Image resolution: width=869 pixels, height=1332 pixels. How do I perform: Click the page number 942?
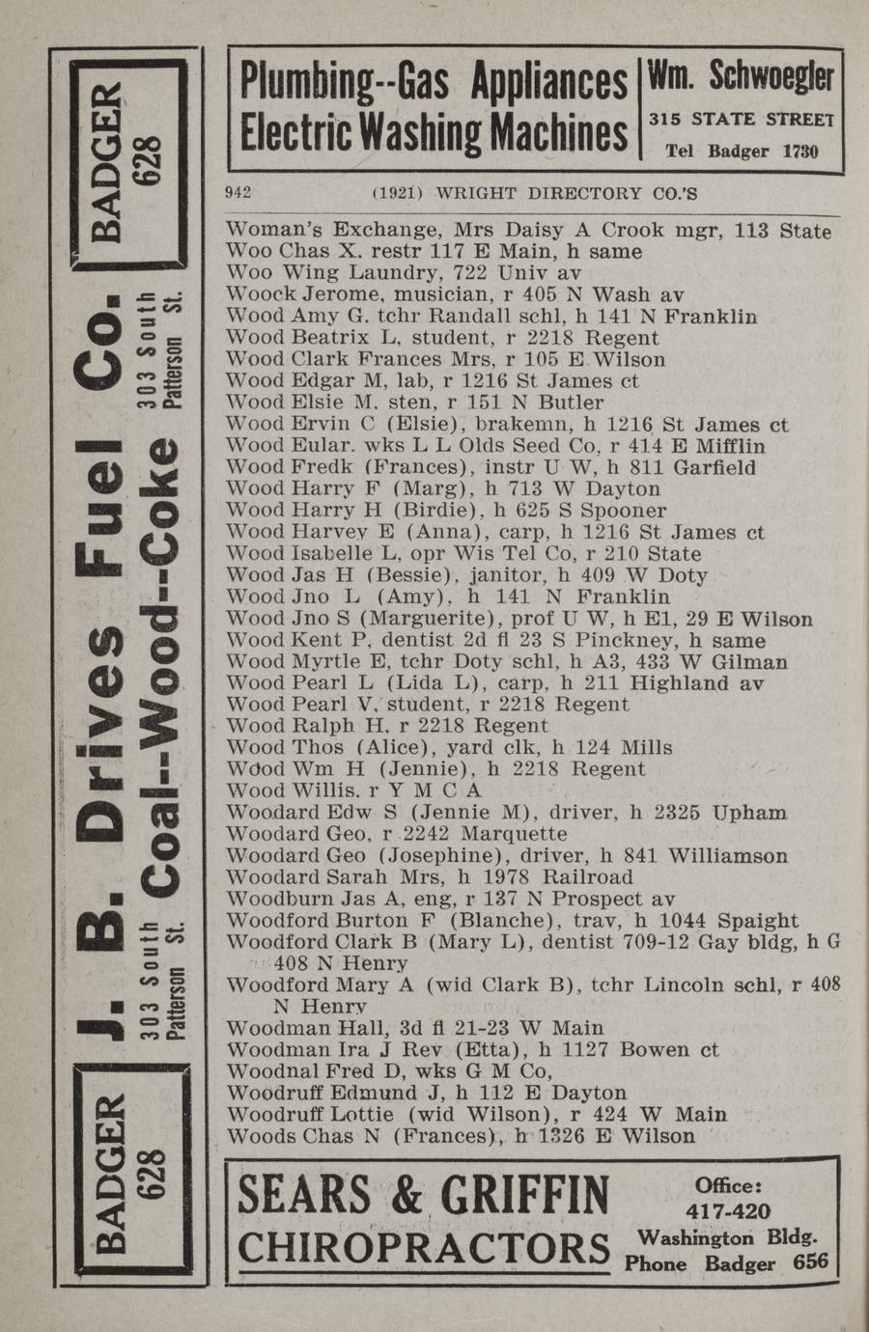(238, 192)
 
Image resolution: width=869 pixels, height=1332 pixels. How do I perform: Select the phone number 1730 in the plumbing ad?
(799, 152)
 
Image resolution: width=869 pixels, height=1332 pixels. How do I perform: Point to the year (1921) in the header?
(397, 192)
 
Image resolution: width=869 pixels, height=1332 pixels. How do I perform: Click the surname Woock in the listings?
(258, 294)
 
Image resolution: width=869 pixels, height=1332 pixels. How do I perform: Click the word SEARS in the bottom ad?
(303, 1196)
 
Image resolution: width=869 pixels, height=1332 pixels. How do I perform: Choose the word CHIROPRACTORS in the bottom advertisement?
(423, 1249)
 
